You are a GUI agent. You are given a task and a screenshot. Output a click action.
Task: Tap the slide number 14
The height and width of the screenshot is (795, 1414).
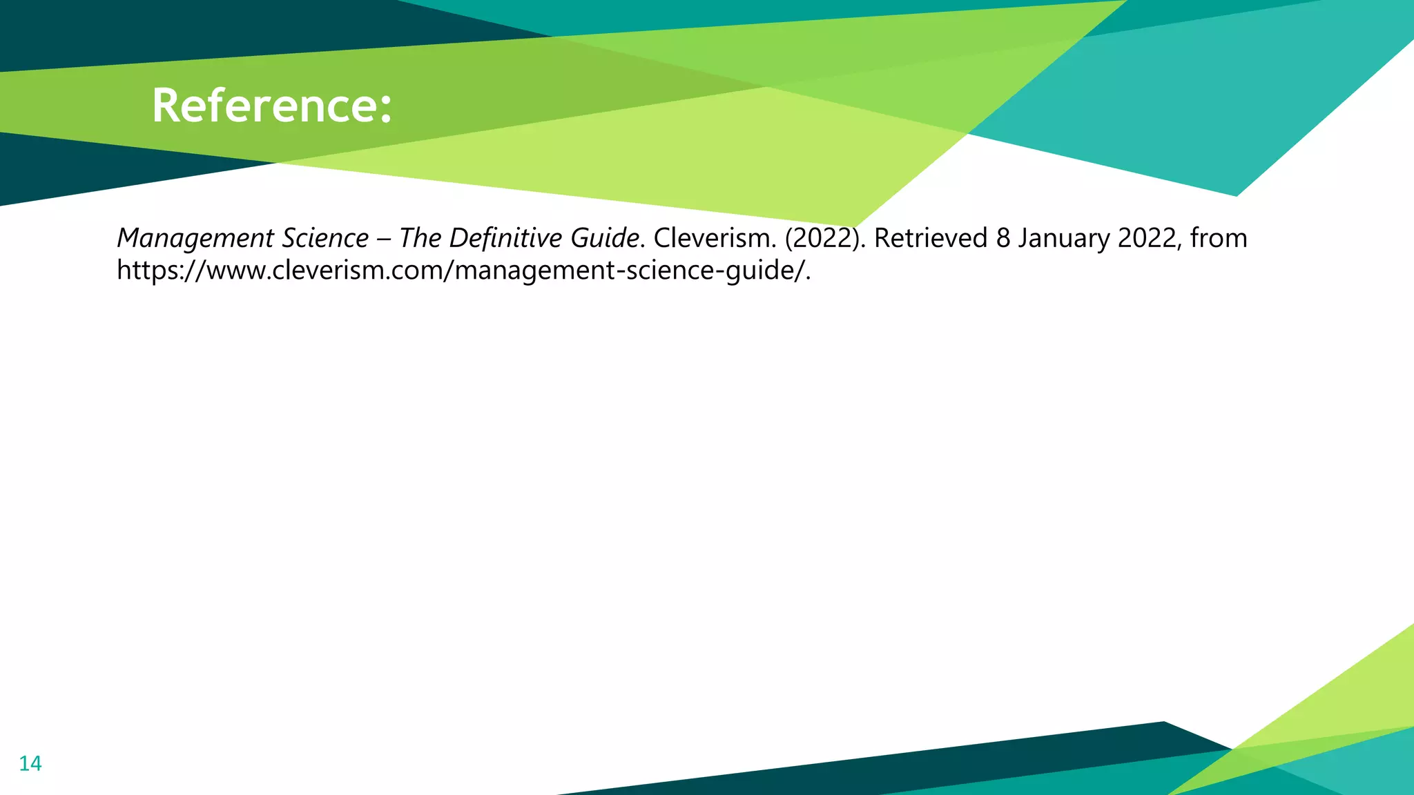[30, 763]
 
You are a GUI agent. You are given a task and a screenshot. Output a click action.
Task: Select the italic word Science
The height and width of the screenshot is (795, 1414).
[326, 239]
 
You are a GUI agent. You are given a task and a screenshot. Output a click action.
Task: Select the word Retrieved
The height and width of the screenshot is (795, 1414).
[931, 238]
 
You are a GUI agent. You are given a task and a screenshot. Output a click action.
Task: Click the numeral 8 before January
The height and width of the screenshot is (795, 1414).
[1003, 238]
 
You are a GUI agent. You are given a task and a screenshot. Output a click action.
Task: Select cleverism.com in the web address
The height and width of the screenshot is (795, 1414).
[359, 270]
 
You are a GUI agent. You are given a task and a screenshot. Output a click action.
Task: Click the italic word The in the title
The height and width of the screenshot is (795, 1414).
[420, 238]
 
